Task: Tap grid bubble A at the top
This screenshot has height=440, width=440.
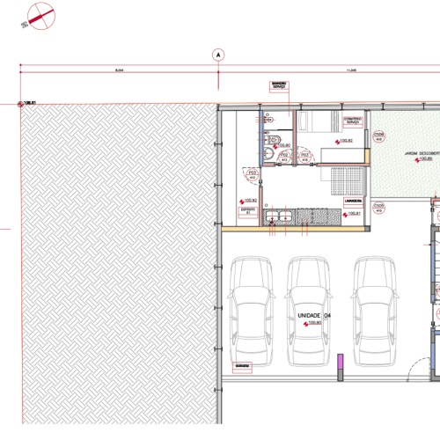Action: tap(216, 54)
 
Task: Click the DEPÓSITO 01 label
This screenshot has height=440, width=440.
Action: tap(247, 211)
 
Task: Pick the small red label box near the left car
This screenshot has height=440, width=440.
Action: tap(240, 364)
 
